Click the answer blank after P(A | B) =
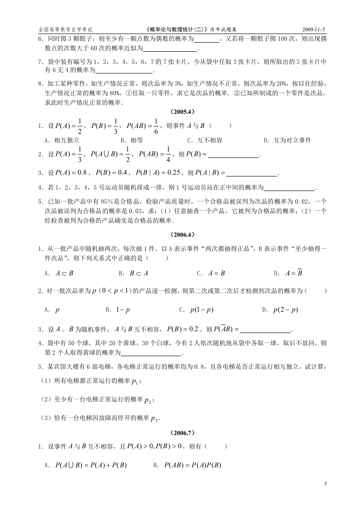point(251,173)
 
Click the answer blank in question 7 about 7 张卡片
point(124,71)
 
